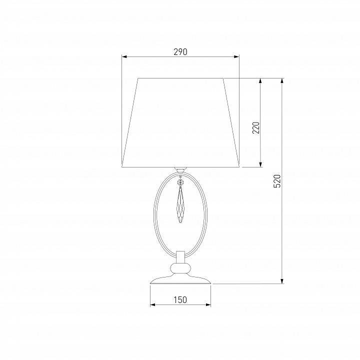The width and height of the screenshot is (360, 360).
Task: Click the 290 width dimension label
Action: [x=180, y=52]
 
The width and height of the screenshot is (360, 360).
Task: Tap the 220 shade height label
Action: [x=256, y=127]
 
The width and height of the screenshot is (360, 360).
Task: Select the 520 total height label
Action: [x=277, y=181]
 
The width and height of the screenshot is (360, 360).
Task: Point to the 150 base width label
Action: [x=180, y=300]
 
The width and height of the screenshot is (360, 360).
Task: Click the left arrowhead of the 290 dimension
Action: [x=124, y=56]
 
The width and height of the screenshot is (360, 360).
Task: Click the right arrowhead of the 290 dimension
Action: [x=236, y=56]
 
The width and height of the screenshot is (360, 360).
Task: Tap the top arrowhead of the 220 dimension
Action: [x=260, y=81]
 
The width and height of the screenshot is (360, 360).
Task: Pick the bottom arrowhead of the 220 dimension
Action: [x=260, y=164]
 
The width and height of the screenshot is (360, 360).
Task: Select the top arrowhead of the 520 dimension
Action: [x=282, y=81]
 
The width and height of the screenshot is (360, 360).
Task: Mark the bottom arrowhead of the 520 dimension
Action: [x=282, y=281]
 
